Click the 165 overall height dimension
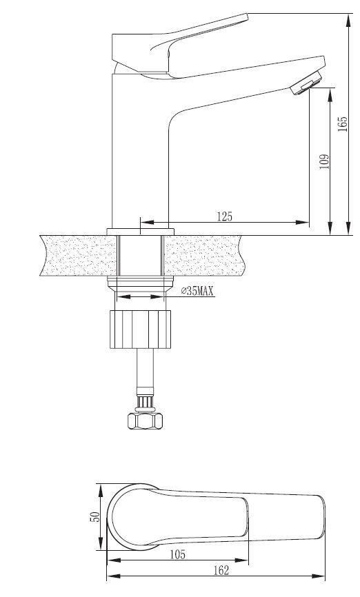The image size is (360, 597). pyautogui.click(x=343, y=124)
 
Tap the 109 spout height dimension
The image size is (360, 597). pyautogui.click(x=324, y=161)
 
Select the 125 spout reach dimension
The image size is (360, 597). pyautogui.click(x=224, y=216)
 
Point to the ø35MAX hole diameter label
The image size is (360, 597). pyautogui.click(x=197, y=292)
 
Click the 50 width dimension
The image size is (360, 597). pyautogui.click(x=94, y=516)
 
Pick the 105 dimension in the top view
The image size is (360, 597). pyautogui.click(x=177, y=555)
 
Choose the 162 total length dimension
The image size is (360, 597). pyautogui.click(x=221, y=570)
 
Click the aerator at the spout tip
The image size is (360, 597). pyautogui.click(x=306, y=84)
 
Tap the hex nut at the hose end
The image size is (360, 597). pyautogui.click(x=145, y=421)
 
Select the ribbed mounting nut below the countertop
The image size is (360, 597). pyautogui.click(x=140, y=330)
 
